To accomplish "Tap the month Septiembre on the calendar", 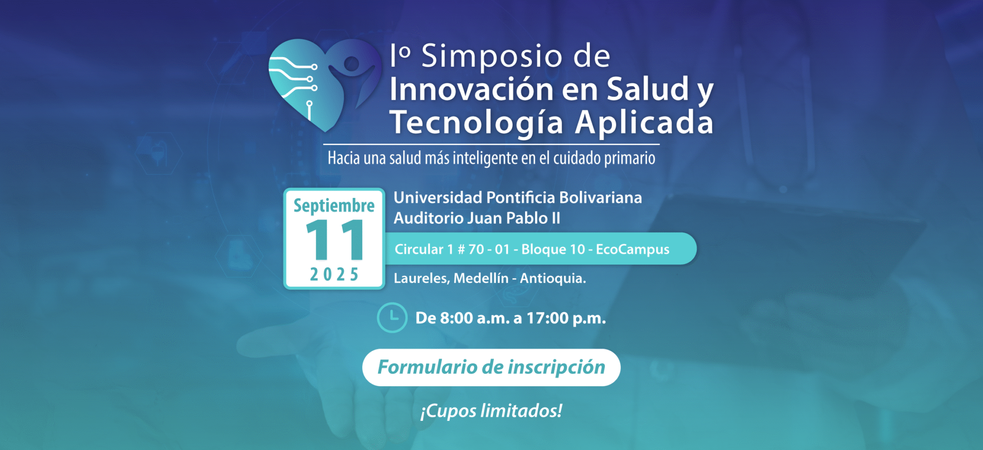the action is [x=334, y=206].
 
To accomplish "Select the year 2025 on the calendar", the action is [x=334, y=275].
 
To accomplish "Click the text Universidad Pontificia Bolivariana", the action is [x=518, y=197].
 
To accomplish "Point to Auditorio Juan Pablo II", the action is [x=477, y=218].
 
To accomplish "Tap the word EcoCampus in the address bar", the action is [x=633, y=250].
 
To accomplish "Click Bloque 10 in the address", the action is [x=553, y=249].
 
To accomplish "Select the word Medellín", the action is [x=481, y=278].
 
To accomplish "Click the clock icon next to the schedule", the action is [x=392, y=317].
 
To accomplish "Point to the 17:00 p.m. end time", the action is [x=566, y=318].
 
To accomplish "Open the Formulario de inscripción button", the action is [x=491, y=368].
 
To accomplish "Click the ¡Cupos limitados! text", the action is [x=491, y=411].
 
